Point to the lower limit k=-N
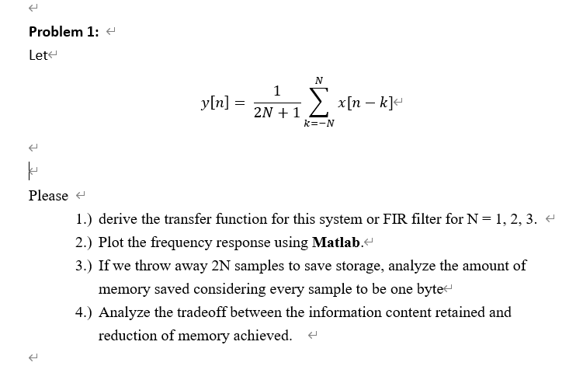[x=319, y=123]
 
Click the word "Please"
[x=48, y=196]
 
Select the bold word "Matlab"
[x=335, y=242]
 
